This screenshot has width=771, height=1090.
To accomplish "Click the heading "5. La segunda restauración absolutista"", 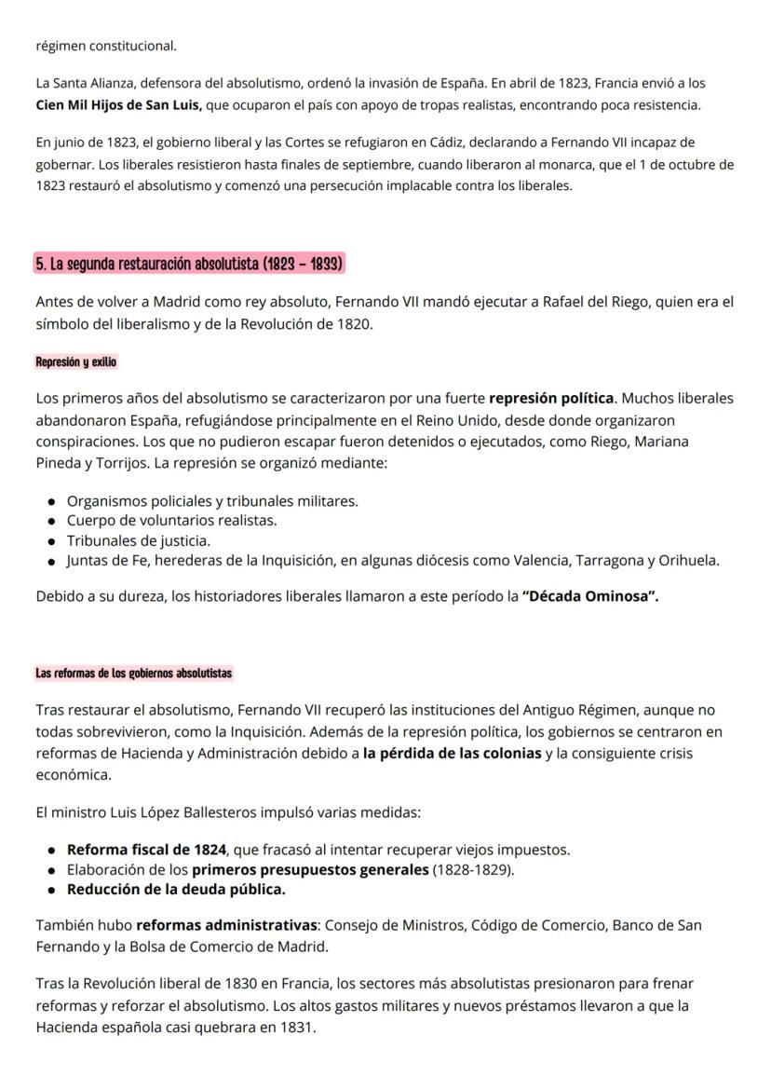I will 189,264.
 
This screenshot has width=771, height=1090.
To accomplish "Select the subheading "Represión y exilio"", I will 76,361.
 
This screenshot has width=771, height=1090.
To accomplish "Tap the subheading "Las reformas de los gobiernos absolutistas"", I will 134,672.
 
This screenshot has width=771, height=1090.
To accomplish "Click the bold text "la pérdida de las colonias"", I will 452,753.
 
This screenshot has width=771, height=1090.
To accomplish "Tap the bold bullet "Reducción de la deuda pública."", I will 176,889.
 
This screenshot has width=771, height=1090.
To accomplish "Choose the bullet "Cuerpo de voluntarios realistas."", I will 171,521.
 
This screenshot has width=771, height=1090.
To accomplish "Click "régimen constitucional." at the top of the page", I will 105,45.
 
